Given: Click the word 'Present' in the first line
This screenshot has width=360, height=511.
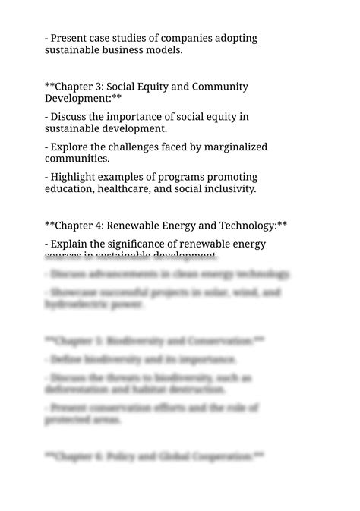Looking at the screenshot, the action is tap(70, 38).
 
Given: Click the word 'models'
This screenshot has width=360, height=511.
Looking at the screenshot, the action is tap(165, 51).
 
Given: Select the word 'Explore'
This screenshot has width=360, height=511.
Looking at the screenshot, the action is tap(71, 147).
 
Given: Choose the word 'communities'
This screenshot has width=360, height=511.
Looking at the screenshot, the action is tap(77, 159).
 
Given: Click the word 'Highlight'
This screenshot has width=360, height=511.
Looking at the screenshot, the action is tap(76, 177).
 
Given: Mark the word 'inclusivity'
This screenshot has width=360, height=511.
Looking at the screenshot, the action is tap(226, 189).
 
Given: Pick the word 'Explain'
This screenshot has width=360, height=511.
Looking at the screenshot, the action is tap(71, 244).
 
